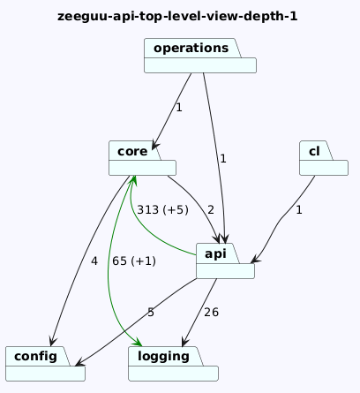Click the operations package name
191,48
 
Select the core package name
132,151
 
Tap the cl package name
314,151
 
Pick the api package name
215,253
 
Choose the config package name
35,357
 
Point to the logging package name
163,357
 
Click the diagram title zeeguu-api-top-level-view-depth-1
177,16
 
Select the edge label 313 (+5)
162,210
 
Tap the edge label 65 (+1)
134,261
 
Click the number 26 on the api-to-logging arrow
211,313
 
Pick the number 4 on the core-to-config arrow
94,261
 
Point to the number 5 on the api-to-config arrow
151,313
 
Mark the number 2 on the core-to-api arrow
211,210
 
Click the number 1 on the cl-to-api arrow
299,210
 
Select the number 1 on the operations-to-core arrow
179,108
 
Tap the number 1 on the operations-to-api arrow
223,159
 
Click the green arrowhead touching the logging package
137,342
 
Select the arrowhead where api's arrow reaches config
79,363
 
